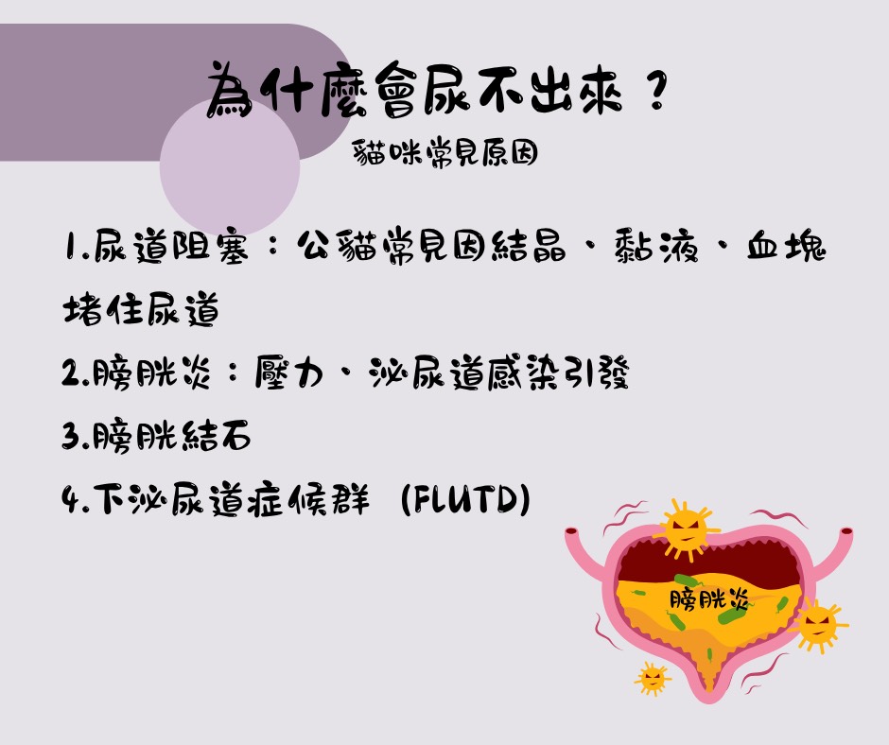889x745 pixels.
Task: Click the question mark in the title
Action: [x=656, y=91]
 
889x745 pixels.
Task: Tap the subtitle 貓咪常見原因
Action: [x=445, y=152]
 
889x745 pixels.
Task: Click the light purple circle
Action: [x=230, y=166]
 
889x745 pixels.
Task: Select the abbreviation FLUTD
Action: [x=465, y=499]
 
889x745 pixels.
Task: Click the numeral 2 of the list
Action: [x=70, y=373]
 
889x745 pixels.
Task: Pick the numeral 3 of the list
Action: [x=70, y=436]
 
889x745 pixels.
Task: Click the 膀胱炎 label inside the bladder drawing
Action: [x=708, y=599]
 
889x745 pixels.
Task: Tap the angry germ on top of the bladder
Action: [x=686, y=530]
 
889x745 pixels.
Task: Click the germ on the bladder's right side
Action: [x=817, y=625]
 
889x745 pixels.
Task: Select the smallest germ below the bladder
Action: [x=652, y=678]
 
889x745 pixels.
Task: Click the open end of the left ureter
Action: [x=571, y=532]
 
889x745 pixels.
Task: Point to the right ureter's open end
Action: [x=845, y=532]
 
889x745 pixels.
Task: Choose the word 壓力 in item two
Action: [x=289, y=372]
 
